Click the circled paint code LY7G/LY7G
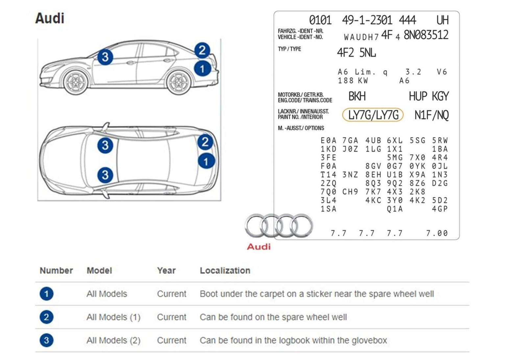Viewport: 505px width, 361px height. click(x=373, y=115)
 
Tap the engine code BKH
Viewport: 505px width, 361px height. click(x=357, y=96)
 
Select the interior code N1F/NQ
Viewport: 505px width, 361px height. click(x=431, y=115)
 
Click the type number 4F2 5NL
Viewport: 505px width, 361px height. click(x=356, y=53)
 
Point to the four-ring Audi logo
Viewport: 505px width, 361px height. click(x=278, y=225)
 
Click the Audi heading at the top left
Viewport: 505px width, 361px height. click(x=50, y=18)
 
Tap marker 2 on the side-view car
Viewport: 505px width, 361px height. click(x=202, y=50)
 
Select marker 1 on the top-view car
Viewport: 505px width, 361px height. click(x=206, y=161)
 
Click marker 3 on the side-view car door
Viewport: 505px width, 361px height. click(x=105, y=57)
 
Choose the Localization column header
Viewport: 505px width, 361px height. click(x=225, y=271)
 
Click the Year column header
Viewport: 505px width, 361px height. click(x=166, y=271)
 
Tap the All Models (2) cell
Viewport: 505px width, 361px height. click(x=113, y=340)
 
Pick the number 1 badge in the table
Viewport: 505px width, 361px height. click(x=46, y=294)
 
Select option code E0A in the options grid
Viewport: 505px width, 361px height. click(x=328, y=141)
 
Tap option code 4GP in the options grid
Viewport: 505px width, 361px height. click(x=440, y=209)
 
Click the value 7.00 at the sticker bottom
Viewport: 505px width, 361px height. click(x=437, y=233)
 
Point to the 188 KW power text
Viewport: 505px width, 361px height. click(x=353, y=81)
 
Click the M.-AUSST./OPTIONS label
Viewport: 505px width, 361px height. click(x=301, y=128)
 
